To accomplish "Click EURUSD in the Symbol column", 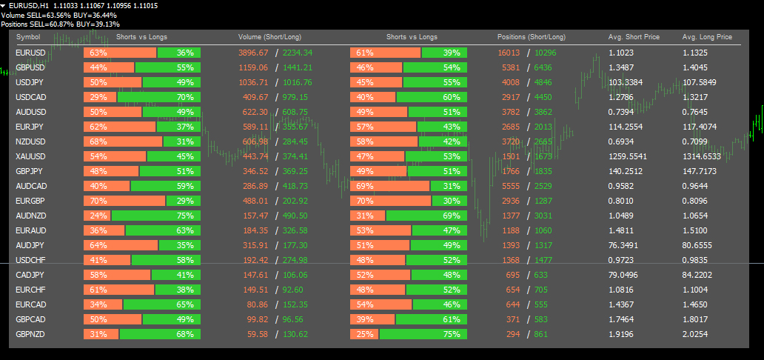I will [30, 53].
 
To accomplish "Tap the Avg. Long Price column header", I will [707, 36].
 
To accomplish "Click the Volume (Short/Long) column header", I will [269, 36].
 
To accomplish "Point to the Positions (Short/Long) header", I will [532, 36].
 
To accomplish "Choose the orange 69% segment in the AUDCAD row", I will [389, 186].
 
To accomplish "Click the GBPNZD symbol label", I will [31, 334].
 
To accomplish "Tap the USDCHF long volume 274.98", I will [295, 260].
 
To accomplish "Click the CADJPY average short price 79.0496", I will [626, 275].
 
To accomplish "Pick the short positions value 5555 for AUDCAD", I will [509, 186].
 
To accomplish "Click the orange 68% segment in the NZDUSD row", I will [123, 141].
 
